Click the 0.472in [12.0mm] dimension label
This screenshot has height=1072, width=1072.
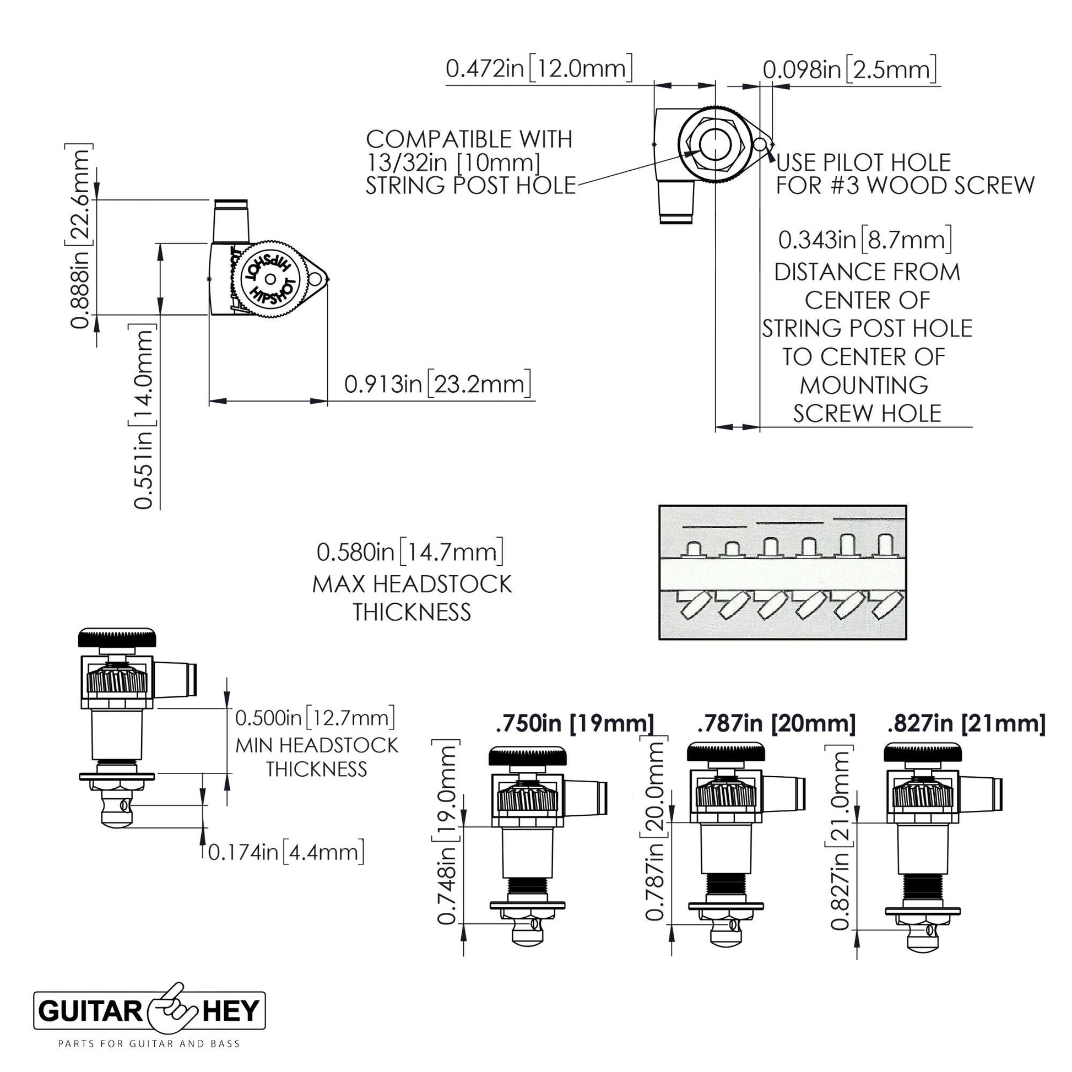click(539, 69)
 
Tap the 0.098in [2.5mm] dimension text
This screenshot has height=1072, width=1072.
click(849, 70)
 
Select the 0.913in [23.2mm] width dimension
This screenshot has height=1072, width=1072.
click(437, 384)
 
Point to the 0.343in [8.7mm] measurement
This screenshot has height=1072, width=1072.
click(865, 240)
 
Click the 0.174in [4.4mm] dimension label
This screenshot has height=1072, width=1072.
click(286, 851)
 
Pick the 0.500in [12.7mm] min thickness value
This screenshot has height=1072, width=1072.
click(315, 717)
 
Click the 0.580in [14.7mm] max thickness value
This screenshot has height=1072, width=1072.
click(410, 551)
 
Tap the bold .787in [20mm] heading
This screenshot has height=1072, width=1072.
click(776, 723)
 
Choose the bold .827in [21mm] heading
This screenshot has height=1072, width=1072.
click(966, 723)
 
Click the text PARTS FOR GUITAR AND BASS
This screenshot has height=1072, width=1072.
click(149, 1044)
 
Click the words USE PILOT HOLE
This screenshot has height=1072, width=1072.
click(863, 163)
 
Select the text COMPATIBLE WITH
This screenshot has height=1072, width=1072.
click(469, 139)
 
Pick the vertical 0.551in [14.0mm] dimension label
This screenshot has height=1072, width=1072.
click(143, 416)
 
